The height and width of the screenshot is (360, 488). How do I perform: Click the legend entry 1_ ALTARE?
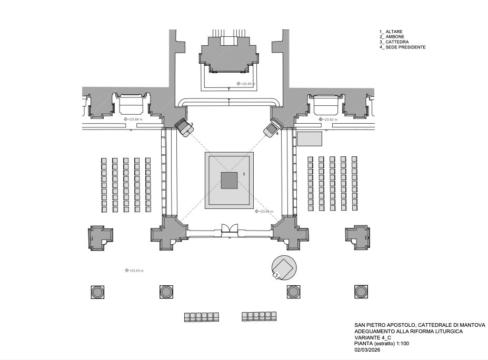tap(391, 32)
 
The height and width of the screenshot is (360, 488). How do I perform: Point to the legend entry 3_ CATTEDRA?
tap(394, 42)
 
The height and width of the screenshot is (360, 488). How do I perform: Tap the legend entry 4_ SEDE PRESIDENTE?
tap(402, 47)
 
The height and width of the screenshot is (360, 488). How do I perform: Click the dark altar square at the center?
tap(229, 181)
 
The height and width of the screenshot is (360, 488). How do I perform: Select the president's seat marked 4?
tap(271, 128)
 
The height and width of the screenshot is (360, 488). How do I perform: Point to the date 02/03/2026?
tap(366, 349)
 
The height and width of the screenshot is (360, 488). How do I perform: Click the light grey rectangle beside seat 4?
tap(310, 139)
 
